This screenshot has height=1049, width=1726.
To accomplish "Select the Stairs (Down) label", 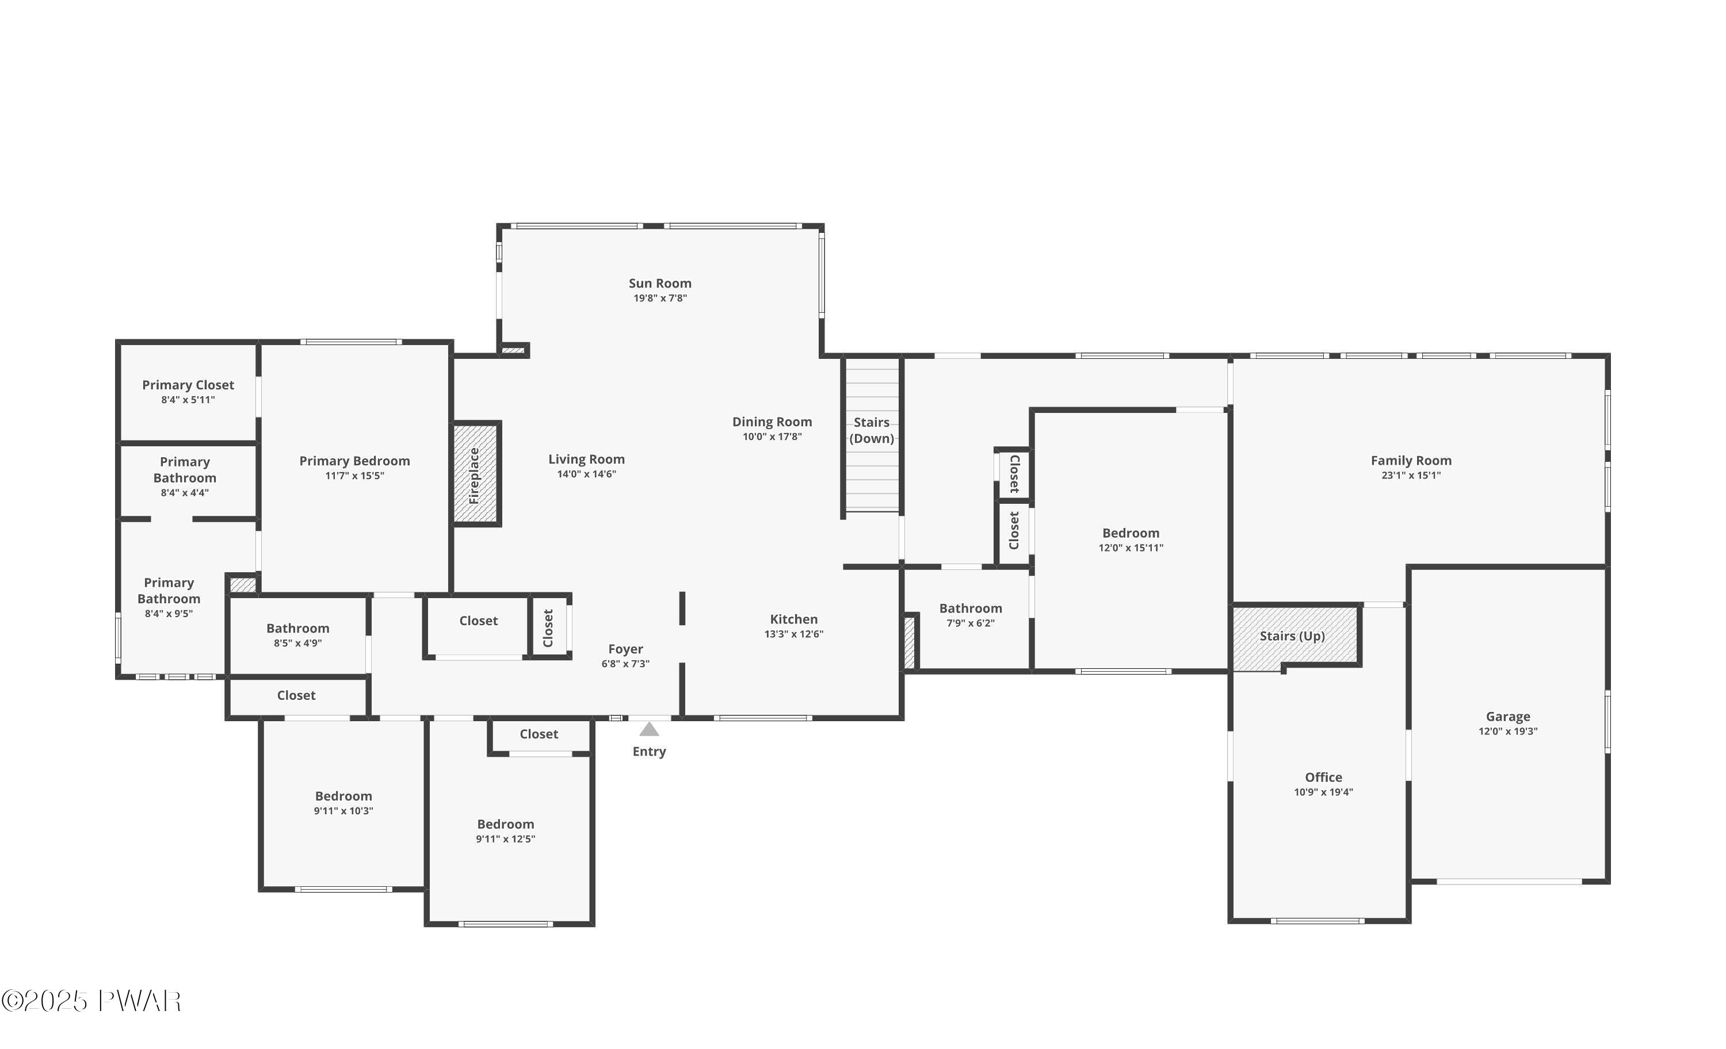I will (x=872, y=430).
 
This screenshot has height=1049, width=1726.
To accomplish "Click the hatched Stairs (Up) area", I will (x=1292, y=636).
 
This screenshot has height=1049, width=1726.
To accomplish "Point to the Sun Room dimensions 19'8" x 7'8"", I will (x=660, y=298).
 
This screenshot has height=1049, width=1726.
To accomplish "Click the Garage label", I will (x=1507, y=717).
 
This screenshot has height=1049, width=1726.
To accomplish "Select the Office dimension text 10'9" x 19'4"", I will (x=1323, y=792).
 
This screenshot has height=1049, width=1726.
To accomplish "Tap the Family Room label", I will (x=1411, y=460).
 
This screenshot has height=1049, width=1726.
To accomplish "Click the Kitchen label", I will (x=793, y=619).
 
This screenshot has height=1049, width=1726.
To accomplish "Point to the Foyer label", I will (x=625, y=649).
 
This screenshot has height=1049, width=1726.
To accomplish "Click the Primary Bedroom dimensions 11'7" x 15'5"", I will (x=354, y=476).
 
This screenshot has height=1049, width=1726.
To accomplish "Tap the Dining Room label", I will (x=772, y=422).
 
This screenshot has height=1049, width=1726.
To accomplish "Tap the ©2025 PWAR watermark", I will (x=91, y=1001).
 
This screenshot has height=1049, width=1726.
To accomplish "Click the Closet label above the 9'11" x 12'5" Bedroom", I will (x=539, y=734).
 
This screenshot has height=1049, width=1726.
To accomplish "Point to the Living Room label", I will (x=586, y=460).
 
